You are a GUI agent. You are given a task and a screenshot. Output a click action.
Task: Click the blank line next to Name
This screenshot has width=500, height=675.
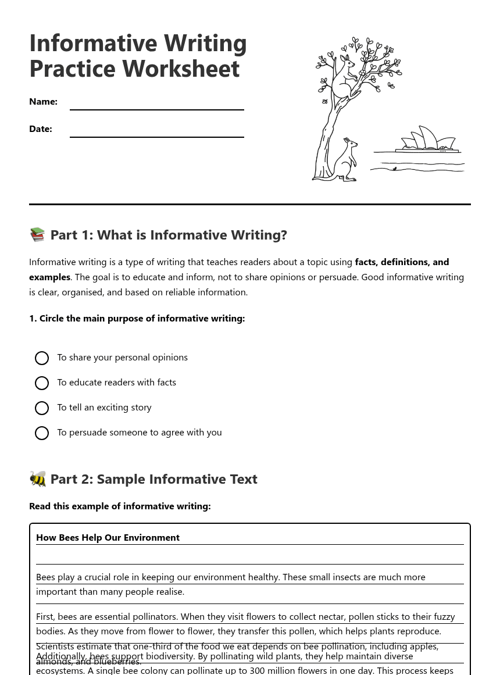(x=156, y=105)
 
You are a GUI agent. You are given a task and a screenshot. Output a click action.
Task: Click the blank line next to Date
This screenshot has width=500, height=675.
(x=156, y=132)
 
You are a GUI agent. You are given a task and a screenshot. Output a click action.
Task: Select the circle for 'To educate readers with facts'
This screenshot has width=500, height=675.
(x=42, y=383)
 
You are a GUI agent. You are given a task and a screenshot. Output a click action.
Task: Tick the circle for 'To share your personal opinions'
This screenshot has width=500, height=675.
(x=42, y=358)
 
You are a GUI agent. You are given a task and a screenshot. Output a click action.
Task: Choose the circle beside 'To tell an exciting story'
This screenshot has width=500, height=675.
(x=42, y=408)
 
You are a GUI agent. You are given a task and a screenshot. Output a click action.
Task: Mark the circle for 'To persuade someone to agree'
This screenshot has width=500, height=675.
(x=42, y=433)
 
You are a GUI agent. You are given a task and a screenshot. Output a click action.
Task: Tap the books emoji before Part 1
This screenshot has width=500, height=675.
(x=38, y=234)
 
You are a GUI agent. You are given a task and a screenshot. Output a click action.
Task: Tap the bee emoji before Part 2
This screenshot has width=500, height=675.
(x=38, y=478)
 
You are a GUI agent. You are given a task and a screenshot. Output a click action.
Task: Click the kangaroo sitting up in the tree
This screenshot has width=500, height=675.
(x=344, y=78)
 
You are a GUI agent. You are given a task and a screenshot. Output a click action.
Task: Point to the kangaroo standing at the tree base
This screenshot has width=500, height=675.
(x=347, y=160)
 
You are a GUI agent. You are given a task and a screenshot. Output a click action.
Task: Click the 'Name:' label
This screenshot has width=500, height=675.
(x=43, y=102)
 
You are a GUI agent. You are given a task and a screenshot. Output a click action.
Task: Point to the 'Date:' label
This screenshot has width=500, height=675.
(x=41, y=129)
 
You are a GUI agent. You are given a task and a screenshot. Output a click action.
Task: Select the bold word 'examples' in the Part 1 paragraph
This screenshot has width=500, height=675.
(x=49, y=277)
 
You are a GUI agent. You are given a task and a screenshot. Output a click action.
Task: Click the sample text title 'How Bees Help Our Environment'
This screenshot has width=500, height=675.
(x=108, y=538)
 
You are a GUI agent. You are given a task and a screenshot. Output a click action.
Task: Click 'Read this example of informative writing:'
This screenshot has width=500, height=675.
(x=120, y=506)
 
